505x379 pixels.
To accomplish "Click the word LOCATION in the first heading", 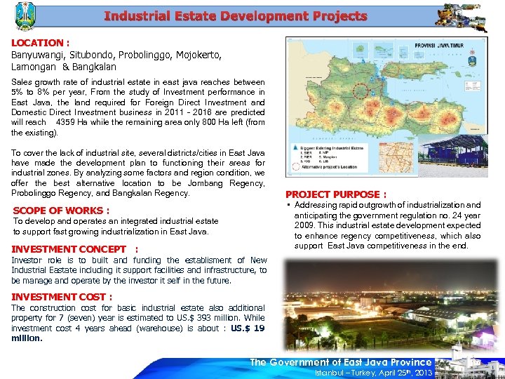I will pyautogui.click(x=36, y=43).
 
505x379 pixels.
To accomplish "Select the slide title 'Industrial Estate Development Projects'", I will pyautogui.click(x=235, y=16).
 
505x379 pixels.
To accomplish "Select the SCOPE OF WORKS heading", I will pyautogui.click(x=61, y=211).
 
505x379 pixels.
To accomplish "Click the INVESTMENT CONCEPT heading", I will pyautogui.click(x=69, y=248).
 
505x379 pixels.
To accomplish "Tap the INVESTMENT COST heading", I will pyautogui.click(x=62, y=297).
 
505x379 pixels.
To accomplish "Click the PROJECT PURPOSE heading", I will pyautogui.click(x=335, y=194).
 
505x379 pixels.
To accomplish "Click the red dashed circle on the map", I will pyautogui.click(x=363, y=91).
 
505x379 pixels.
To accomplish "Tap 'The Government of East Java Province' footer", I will pyautogui.click(x=341, y=361).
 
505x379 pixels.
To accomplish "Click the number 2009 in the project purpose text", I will pyautogui.click(x=306, y=225).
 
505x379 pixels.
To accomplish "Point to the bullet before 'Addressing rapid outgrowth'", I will pyautogui.click(x=288, y=206).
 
